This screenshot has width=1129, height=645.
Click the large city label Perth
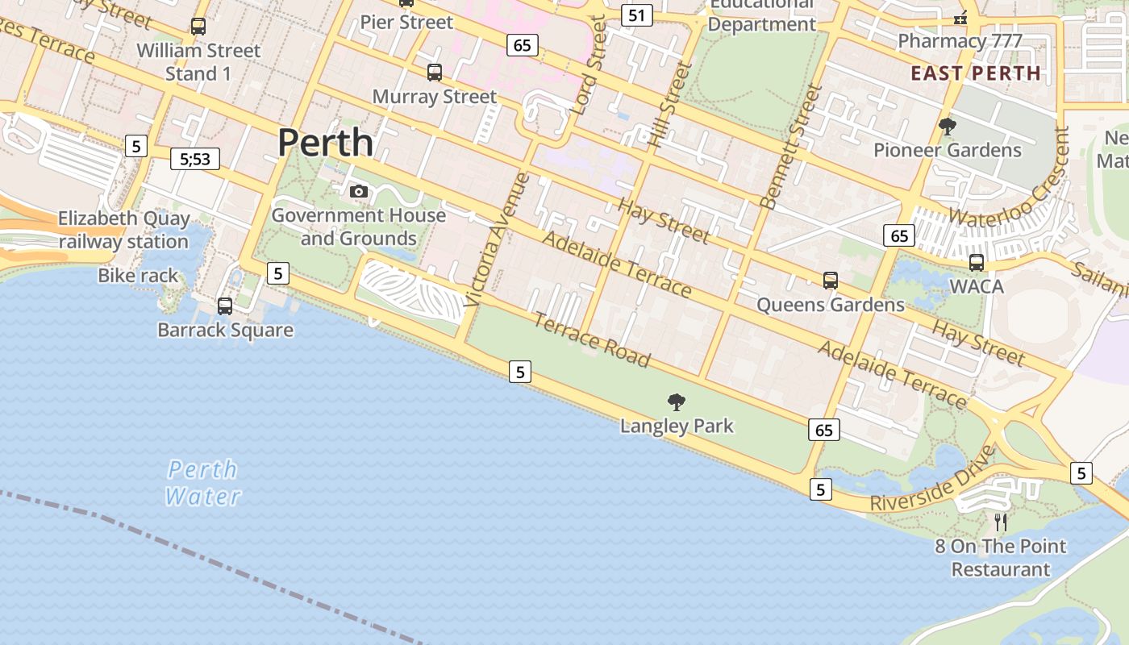(x=325, y=143)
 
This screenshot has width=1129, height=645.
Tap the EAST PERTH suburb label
(x=976, y=73)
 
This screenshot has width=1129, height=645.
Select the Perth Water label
(x=202, y=482)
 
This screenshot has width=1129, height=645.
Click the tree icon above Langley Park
(x=677, y=402)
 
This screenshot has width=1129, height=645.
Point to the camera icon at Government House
(x=359, y=191)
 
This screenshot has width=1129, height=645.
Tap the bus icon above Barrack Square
(x=225, y=306)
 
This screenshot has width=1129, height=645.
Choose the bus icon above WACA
(x=977, y=262)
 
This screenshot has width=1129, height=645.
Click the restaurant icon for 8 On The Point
(x=1001, y=522)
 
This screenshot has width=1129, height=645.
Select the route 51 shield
(x=637, y=15)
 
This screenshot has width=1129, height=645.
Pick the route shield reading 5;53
(x=195, y=159)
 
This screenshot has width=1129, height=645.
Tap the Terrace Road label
(x=592, y=341)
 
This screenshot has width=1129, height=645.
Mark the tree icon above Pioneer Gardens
(x=948, y=126)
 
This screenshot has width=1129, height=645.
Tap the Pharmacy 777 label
(x=960, y=41)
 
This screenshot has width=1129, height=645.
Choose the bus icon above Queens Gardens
(x=831, y=281)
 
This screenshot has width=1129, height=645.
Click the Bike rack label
(x=138, y=276)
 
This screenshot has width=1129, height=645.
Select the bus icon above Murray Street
(x=435, y=73)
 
